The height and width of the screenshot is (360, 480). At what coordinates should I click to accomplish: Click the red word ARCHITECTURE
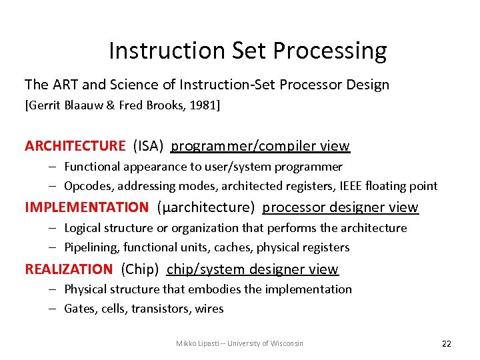[x=75, y=146]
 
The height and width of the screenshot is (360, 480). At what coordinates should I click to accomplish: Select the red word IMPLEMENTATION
[x=87, y=207]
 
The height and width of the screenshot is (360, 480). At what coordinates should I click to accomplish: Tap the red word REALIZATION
[x=69, y=269]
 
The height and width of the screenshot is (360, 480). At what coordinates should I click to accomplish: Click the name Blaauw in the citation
[x=86, y=105]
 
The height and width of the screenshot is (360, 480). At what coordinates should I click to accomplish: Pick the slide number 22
[x=446, y=343]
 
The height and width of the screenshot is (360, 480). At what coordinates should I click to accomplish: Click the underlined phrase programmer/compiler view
[x=260, y=146]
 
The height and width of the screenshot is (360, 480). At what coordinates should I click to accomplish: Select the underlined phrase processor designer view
[x=340, y=207]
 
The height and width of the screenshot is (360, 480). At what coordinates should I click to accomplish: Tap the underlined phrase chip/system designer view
[x=253, y=269]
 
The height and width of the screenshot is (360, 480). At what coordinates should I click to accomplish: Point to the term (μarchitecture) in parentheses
[x=205, y=207]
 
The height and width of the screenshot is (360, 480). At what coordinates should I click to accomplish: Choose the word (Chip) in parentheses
[x=140, y=269]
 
